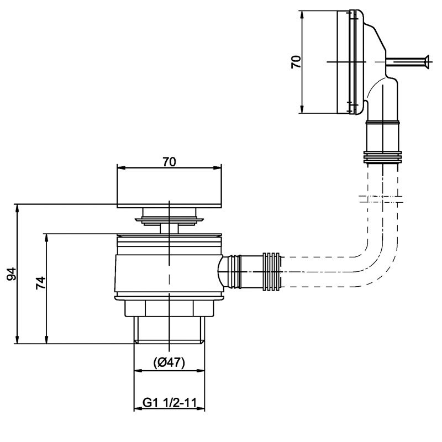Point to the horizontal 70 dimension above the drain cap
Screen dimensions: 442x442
tap(169, 162)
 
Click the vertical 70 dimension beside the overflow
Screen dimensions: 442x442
tap(296, 61)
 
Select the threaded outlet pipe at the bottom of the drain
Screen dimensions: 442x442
tap(169, 330)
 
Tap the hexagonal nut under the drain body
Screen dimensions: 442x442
tap(169, 308)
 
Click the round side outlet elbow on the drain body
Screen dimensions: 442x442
tap(227, 271)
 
